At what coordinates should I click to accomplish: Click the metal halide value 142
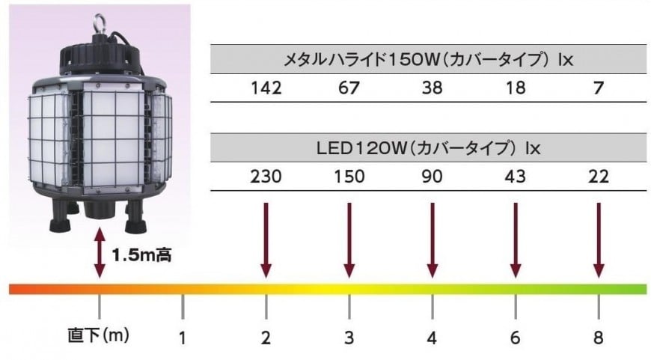[x=266, y=88]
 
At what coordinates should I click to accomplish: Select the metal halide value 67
[x=349, y=88]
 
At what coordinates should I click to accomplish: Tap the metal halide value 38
[x=433, y=88]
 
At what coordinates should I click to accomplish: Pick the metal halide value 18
[x=516, y=88]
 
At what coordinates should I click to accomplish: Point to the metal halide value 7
[x=599, y=88]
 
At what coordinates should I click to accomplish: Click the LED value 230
[x=266, y=177]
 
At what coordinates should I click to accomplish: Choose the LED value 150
[x=349, y=177]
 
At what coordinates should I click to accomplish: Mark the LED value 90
[x=433, y=177]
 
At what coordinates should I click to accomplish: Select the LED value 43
[x=516, y=177]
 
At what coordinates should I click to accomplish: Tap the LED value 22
[x=599, y=177]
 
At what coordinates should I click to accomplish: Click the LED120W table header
[x=429, y=148]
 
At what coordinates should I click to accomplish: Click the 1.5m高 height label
[x=141, y=254]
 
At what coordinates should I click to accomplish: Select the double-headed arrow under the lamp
[x=100, y=252]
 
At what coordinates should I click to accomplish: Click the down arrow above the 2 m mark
[x=266, y=240]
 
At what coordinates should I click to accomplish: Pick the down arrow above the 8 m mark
[x=599, y=240]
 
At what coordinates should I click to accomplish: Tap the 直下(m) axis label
[x=98, y=335]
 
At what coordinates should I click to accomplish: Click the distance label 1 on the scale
[x=183, y=338]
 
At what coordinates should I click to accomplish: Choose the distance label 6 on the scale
[x=516, y=338]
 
